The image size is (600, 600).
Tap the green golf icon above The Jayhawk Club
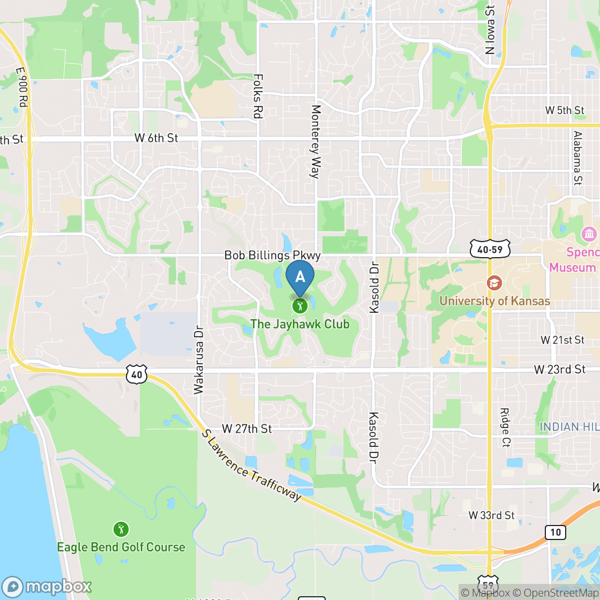(x=299, y=306)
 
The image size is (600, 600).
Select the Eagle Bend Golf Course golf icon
(x=121, y=529)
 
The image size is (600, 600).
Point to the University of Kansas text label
(x=494, y=301)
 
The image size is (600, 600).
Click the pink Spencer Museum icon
(x=589, y=234)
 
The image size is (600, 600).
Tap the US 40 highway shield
(x=137, y=374)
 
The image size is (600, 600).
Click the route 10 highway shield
(x=556, y=532)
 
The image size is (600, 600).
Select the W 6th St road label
(x=156, y=138)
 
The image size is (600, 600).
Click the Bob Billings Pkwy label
(x=272, y=256)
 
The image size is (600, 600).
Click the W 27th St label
(x=247, y=429)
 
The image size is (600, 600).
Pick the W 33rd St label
(x=491, y=515)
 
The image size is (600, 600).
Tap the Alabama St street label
(x=577, y=157)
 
